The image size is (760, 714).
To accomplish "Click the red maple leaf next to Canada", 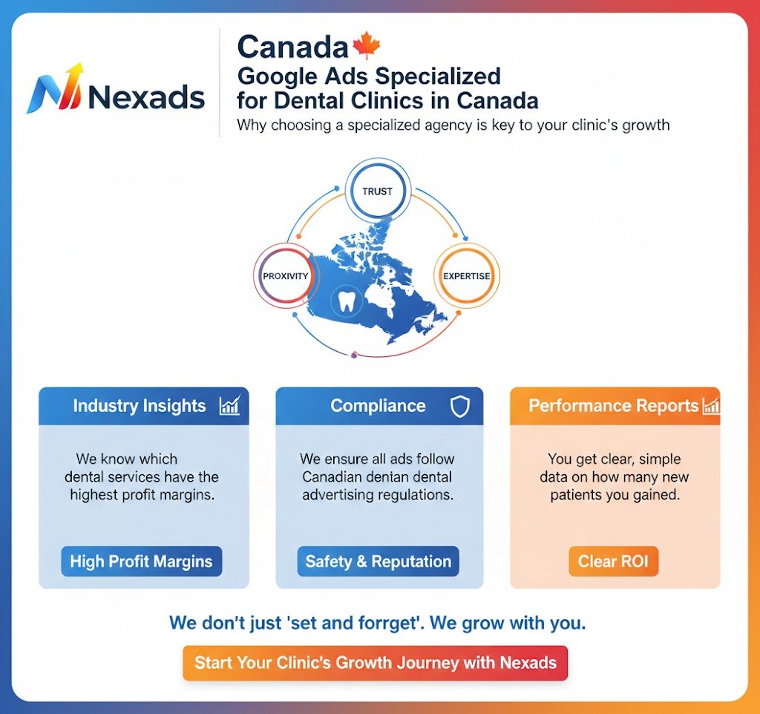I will click(x=366, y=46).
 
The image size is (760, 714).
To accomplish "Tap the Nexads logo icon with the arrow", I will click(x=53, y=90).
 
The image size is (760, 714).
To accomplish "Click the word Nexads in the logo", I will click(x=146, y=96).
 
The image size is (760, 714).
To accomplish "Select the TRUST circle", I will click(x=377, y=191).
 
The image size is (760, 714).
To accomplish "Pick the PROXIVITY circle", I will click(x=285, y=276).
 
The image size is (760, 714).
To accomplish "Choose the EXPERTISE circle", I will click(x=466, y=276).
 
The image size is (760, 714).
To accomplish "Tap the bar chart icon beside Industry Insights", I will click(x=229, y=405).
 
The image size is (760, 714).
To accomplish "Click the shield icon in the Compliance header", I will click(x=460, y=406).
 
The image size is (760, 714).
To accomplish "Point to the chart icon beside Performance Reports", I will click(x=711, y=406).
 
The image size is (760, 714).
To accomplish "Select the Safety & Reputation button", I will click(x=378, y=561).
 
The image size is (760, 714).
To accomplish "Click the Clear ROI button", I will click(x=613, y=561).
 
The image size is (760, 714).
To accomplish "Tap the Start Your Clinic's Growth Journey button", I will click(x=375, y=662).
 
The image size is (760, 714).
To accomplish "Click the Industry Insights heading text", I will click(x=139, y=406).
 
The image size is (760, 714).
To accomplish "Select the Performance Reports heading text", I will click(x=613, y=406).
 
